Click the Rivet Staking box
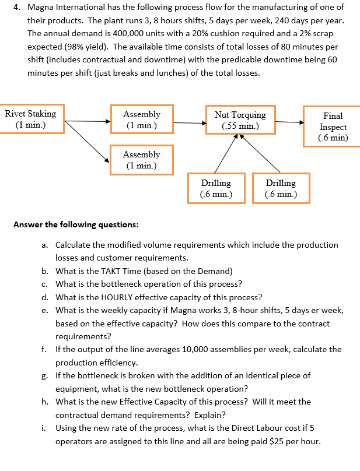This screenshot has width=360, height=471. tap(32, 119)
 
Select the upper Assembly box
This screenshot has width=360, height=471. tap(141, 119)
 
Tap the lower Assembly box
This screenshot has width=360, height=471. tap(141, 160)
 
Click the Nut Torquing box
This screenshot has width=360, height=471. tap(240, 119)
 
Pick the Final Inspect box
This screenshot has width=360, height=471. tap(333, 127)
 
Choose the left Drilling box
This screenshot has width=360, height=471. tap(215, 188)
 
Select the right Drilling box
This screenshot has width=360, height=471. tap(281, 188)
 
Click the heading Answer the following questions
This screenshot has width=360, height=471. tap(76, 224)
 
